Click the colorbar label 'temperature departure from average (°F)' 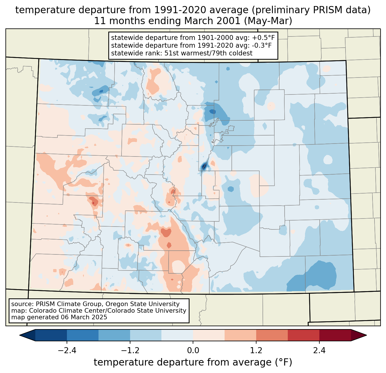click(x=193, y=362)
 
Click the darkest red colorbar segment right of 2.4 click(x=335, y=335)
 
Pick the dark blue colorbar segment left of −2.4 click(x=51, y=335)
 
